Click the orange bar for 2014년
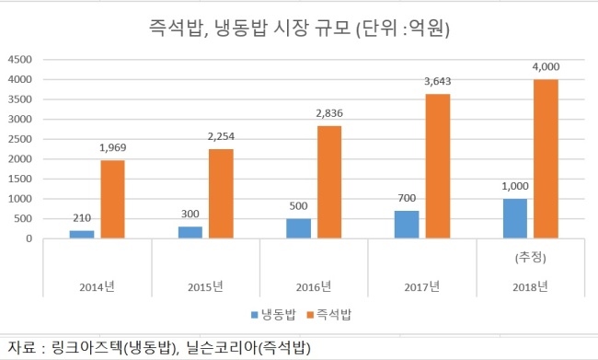[112, 199]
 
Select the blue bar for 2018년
[515, 219]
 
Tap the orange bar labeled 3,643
[438, 167]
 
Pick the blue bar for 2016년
[299, 228]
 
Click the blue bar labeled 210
[82, 235]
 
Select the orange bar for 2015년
[221, 194]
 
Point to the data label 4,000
[546, 67]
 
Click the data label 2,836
[329, 113]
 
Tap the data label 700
[407, 198]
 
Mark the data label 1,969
[112, 147]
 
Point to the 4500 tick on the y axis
[20, 60]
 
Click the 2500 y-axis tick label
[20, 139]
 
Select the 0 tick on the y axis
[29, 239]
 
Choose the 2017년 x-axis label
[421, 286]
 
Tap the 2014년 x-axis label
[97, 286]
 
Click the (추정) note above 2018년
[531, 258]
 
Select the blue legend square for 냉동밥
[254, 315]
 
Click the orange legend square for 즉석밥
[310, 315]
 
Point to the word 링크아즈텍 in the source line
[86, 347]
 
